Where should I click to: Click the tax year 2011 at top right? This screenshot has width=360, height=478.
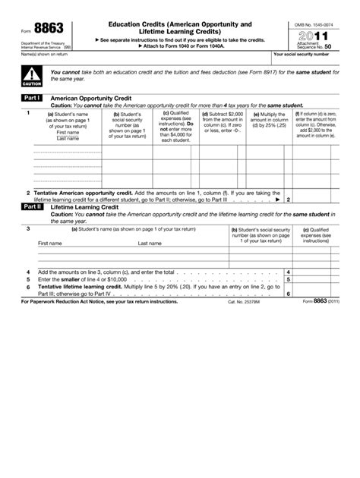[x=311, y=35]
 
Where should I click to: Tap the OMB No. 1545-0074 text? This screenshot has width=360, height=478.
[x=311, y=25]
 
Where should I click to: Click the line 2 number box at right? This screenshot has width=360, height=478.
[x=289, y=199]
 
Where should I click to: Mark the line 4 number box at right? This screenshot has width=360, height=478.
[x=289, y=272]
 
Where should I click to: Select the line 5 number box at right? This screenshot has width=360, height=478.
[x=289, y=279]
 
